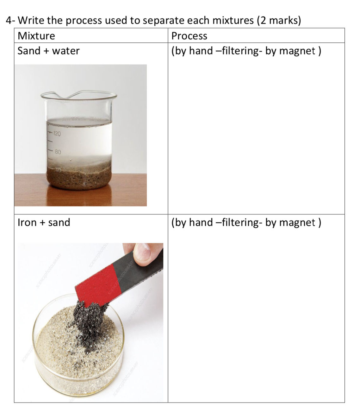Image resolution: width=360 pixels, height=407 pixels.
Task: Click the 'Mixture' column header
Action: [x=36, y=36]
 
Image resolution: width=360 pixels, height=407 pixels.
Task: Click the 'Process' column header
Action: [x=189, y=36]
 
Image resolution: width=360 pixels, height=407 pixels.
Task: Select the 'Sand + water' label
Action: [x=48, y=51]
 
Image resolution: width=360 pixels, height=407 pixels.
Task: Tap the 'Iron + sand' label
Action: [x=44, y=222]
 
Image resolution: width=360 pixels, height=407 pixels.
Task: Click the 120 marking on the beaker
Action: [x=57, y=133]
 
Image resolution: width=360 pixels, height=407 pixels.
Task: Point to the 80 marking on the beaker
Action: [x=58, y=152]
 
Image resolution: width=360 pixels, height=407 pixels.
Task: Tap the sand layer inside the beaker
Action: [x=79, y=177]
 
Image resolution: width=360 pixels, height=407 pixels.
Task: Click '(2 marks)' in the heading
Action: [x=279, y=21]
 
